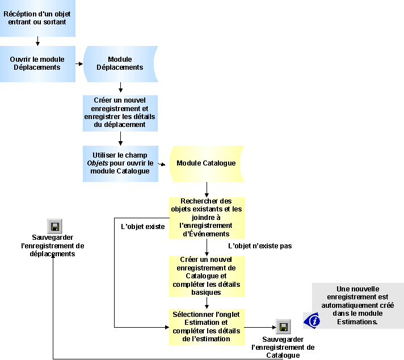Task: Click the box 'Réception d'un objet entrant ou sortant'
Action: coord(37,18)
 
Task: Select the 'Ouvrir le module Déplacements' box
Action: coord(37,63)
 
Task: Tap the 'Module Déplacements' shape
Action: coord(120,63)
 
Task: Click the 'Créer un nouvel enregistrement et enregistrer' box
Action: coord(120,112)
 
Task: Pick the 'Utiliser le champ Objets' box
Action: coord(120,163)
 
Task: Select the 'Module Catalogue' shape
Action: coord(206,163)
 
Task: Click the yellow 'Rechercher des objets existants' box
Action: coord(207,218)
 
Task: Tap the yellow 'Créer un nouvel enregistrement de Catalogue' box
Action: coord(207,276)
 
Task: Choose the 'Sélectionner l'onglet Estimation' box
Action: coord(207,327)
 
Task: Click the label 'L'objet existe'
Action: coord(143,227)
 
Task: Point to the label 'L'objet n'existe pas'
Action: coord(260,246)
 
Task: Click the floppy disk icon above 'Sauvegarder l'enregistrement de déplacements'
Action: coord(54,226)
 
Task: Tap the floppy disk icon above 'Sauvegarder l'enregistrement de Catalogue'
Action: coord(283,327)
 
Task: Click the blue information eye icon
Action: coord(312,320)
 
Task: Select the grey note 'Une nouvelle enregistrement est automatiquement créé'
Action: coord(357,305)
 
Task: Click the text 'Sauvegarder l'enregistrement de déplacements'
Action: coord(52,245)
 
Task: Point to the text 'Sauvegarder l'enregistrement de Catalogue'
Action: coord(283,347)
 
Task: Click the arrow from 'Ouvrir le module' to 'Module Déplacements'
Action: coord(79,63)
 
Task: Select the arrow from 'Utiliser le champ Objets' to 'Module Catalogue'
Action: coord(163,164)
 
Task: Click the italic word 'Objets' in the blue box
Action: coord(97,163)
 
